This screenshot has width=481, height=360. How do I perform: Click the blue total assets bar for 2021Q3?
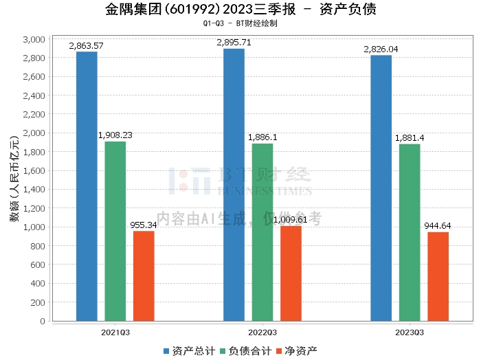[x=87, y=186]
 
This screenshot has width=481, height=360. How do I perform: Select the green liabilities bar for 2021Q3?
[x=115, y=231]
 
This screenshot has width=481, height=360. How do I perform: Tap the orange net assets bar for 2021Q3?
[x=144, y=275]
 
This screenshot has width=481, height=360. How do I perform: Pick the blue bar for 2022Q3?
[x=234, y=185]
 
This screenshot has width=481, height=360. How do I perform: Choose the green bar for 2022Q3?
[x=262, y=232]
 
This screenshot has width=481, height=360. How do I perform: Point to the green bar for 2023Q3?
[x=410, y=232]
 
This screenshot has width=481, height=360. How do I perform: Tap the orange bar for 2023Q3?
[x=438, y=276]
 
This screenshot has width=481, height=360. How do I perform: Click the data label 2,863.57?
[x=87, y=46]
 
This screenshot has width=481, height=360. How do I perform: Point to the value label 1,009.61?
[x=291, y=220]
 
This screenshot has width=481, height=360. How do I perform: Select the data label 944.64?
[x=438, y=226]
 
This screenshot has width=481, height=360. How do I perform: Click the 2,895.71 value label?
[x=234, y=43]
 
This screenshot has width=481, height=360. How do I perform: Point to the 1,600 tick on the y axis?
[x=34, y=170]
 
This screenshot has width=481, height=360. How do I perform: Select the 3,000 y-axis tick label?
[x=34, y=39]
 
